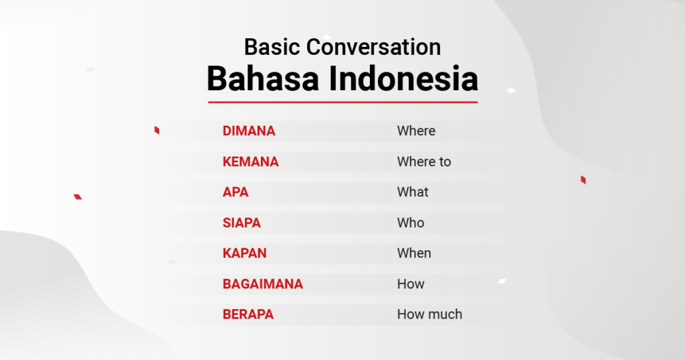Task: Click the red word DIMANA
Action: pyautogui.click(x=249, y=130)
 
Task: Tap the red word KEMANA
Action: pyautogui.click(x=250, y=162)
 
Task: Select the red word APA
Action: pyautogui.click(x=235, y=192)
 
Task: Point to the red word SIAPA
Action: pyautogui.click(x=241, y=223)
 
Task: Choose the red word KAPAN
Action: pyautogui.click(x=245, y=253)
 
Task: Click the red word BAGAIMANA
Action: pyautogui.click(x=262, y=284)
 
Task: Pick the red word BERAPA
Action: pyautogui.click(x=248, y=314)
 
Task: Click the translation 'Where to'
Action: pyautogui.click(x=423, y=162)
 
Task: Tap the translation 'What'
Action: pyautogui.click(x=413, y=192)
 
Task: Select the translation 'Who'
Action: pyautogui.click(x=411, y=223)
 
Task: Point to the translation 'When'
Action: pyautogui.click(x=414, y=253)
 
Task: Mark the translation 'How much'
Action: pyautogui.click(x=429, y=314)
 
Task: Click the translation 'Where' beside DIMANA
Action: pyautogui.click(x=416, y=130)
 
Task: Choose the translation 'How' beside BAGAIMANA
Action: pyautogui.click(x=411, y=284)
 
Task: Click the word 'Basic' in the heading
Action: pyautogui.click(x=272, y=47)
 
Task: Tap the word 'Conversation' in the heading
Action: pyautogui.click(x=373, y=47)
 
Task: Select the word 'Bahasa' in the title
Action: pyautogui.click(x=263, y=79)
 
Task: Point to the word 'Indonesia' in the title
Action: pyautogui.click(x=403, y=79)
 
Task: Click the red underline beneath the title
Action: pyautogui.click(x=343, y=102)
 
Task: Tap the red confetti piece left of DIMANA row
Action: pyautogui.click(x=157, y=130)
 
